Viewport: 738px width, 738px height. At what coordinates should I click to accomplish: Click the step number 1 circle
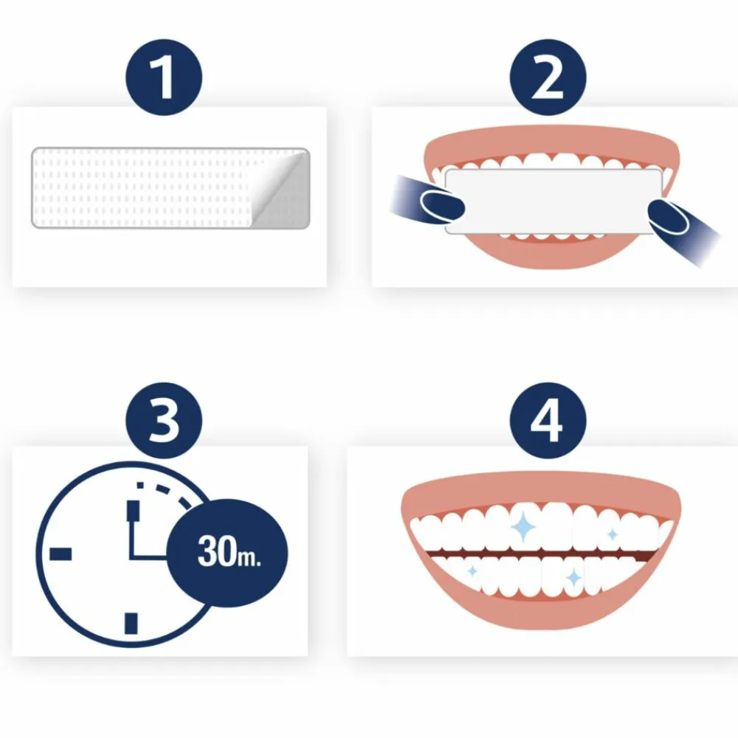pyautogui.click(x=164, y=78)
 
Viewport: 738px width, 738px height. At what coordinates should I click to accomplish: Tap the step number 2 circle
pyautogui.click(x=547, y=78)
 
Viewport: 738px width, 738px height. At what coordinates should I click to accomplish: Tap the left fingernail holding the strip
pyautogui.click(x=441, y=201)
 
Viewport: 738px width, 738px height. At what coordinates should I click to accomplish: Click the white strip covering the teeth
pyautogui.click(x=553, y=201)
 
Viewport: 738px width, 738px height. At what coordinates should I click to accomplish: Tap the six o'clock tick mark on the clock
pyautogui.click(x=131, y=623)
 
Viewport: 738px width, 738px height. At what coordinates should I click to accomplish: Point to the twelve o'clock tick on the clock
pyautogui.click(x=134, y=511)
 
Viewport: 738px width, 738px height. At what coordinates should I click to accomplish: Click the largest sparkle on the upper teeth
pyautogui.click(x=523, y=526)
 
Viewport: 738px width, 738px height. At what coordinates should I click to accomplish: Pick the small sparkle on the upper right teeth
pyautogui.click(x=612, y=534)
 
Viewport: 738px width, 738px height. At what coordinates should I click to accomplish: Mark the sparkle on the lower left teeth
pyautogui.click(x=472, y=571)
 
